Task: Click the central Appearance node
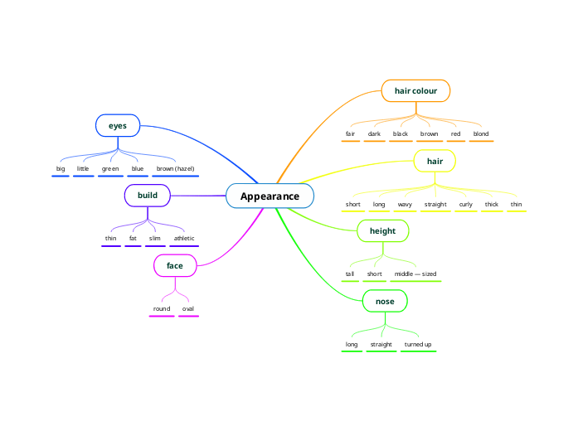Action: click(x=270, y=196)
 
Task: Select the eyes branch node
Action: click(x=118, y=125)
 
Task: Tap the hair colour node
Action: click(x=415, y=90)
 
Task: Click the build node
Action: click(x=148, y=196)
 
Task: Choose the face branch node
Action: click(x=175, y=265)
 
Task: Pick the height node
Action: click(x=382, y=230)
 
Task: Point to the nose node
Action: click(x=385, y=301)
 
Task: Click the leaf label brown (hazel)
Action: click(x=175, y=168)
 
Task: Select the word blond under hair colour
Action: click(x=481, y=133)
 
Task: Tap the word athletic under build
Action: click(x=183, y=239)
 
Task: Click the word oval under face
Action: click(x=188, y=308)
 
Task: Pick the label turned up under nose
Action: click(x=418, y=344)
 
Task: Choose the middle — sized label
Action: click(x=415, y=274)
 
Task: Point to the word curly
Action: click(x=466, y=204)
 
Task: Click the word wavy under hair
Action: click(x=405, y=204)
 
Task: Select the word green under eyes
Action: click(x=110, y=168)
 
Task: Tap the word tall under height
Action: click(x=350, y=274)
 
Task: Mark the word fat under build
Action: click(x=133, y=239)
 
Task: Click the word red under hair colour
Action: click(x=456, y=133)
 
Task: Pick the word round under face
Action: click(x=162, y=308)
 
